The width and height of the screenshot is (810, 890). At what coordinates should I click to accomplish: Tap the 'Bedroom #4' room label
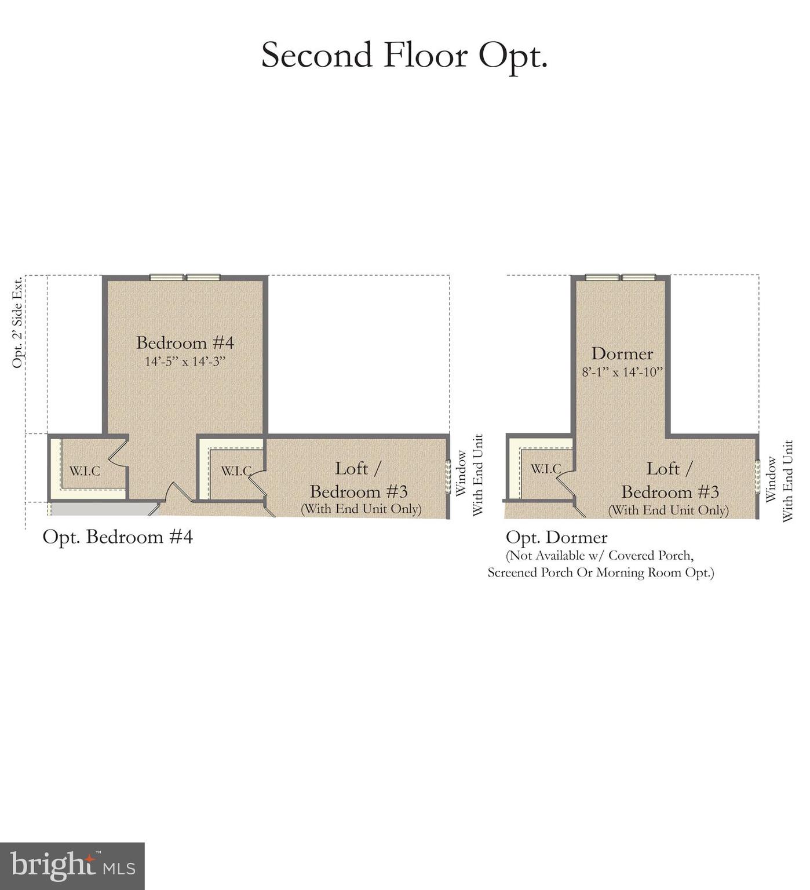point(185,342)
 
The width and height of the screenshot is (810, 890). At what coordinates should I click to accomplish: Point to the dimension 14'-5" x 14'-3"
point(185,362)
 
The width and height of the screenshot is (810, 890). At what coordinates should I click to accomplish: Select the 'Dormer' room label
point(622,353)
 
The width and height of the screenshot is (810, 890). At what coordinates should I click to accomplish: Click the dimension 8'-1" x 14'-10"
point(622,372)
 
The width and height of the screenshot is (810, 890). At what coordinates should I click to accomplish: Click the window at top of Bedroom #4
point(185,278)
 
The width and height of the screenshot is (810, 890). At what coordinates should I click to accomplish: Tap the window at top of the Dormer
point(620,278)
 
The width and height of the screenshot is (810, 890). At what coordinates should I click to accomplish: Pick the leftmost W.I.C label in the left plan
point(85,471)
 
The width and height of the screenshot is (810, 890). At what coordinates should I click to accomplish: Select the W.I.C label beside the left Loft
point(236,471)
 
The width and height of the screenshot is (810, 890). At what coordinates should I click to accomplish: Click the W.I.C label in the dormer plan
point(545,469)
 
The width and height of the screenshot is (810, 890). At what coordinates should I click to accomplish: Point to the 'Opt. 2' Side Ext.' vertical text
point(17,322)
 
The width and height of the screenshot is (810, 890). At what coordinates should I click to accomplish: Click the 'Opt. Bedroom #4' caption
point(118,537)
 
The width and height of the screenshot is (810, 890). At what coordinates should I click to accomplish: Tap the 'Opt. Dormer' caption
point(556,538)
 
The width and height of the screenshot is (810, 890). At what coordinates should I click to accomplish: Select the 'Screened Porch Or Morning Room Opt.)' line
point(601,573)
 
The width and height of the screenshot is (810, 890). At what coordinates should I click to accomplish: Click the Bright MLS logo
point(72,866)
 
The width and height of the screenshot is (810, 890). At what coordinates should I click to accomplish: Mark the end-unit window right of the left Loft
point(448,476)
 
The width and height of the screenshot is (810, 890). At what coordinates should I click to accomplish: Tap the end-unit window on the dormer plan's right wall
point(757,477)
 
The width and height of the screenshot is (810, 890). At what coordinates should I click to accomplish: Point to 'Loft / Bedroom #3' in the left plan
point(359,480)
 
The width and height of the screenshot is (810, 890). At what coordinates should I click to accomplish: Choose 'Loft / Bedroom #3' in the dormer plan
point(670,481)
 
